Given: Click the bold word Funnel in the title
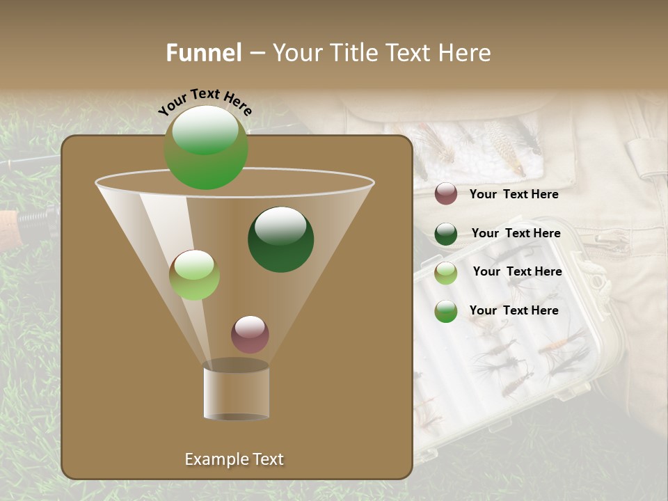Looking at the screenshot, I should (204, 53).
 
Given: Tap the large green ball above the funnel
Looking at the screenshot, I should (206, 148).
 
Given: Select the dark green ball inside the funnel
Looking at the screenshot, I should (280, 239).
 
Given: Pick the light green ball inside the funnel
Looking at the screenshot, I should (194, 275).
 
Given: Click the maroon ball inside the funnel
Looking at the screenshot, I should (250, 335).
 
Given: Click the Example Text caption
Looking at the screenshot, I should (234, 459).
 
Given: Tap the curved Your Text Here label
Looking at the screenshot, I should (205, 101).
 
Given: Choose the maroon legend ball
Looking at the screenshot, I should (446, 194).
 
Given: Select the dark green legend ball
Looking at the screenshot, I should (446, 234).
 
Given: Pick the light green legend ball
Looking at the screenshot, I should (446, 273).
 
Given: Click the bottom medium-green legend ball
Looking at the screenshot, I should (446, 311).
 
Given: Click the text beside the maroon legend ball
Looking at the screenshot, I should (514, 195).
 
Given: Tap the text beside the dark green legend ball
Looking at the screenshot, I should (516, 234).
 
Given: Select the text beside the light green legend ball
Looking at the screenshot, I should (517, 272).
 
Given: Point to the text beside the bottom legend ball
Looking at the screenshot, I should (514, 310).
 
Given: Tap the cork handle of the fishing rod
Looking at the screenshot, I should (8, 223).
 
